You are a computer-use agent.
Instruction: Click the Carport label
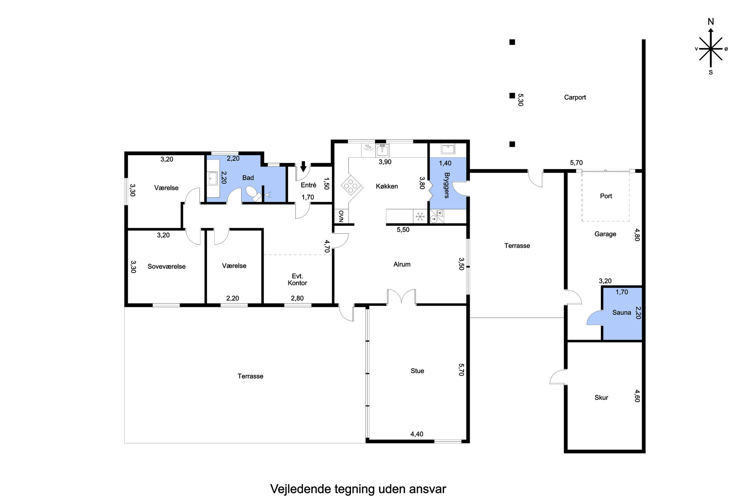575,97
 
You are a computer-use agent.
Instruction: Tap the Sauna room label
621,312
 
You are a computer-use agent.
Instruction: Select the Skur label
601,397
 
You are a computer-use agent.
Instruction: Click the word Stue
417,371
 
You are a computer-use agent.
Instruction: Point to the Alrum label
402,264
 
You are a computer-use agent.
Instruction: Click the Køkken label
387,186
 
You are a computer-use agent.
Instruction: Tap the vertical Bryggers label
447,185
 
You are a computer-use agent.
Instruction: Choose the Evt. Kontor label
297,280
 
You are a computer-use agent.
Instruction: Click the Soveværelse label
166,267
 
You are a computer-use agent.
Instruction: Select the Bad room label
248,178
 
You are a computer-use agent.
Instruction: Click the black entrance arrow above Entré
303,166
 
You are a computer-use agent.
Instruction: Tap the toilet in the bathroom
253,194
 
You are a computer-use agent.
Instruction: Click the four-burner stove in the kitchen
352,186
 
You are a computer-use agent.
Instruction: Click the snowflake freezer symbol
419,217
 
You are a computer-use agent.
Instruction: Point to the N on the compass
711,21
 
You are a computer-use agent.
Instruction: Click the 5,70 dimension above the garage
576,163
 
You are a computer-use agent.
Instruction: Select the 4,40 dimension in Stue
417,434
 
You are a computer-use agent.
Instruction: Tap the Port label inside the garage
606,196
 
